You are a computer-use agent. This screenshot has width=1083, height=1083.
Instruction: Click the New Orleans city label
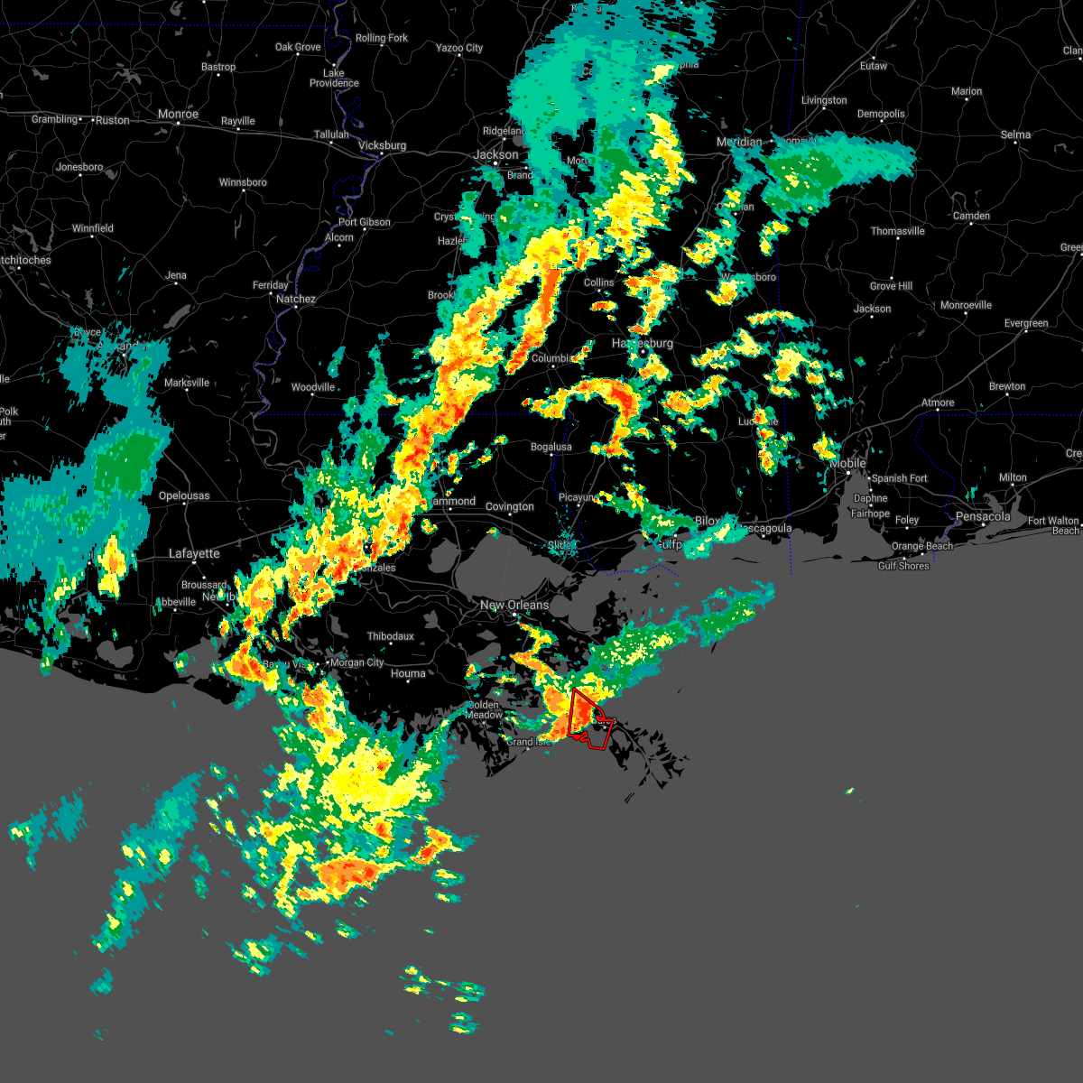click(514, 606)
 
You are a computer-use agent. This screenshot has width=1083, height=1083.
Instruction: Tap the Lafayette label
click(194, 553)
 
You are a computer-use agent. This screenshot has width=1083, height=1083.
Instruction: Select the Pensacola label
click(983, 517)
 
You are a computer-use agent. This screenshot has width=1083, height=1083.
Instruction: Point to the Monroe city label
click(178, 115)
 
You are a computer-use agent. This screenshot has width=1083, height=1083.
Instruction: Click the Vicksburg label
click(382, 145)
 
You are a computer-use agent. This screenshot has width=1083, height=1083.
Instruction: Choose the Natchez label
click(296, 299)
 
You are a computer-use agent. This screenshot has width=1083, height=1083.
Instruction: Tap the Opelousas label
click(184, 495)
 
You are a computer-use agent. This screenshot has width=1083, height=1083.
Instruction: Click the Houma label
click(408, 673)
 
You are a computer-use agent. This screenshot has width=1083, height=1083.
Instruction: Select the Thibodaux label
click(391, 636)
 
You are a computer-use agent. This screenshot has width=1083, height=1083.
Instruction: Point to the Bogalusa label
click(551, 447)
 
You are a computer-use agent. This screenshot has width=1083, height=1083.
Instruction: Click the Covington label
click(510, 506)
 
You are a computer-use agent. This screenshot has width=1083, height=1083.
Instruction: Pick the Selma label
click(1015, 134)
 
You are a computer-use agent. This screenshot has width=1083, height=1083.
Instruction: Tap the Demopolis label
click(881, 114)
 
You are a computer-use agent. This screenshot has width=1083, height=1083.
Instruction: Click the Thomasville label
click(898, 231)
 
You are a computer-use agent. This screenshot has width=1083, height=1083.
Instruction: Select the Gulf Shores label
click(903, 566)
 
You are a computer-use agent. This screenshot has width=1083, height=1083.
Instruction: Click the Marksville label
click(187, 383)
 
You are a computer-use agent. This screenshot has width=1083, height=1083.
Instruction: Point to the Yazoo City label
click(459, 48)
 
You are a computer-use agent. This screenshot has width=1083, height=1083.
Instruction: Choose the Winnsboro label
click(243, 182)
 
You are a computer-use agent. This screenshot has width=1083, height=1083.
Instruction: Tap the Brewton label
click(1007, 386)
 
